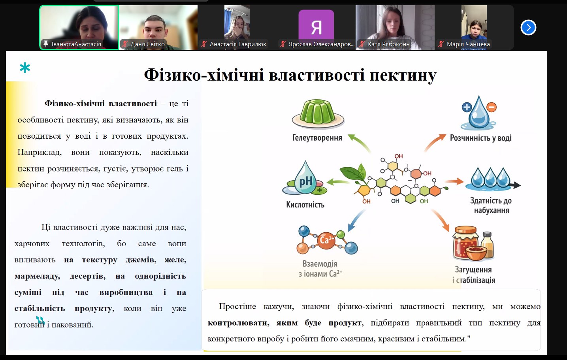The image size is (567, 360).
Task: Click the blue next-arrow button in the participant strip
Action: click(528, 28)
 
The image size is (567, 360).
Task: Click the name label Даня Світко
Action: click(147, 44)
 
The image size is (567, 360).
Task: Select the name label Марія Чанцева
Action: click(468, 44)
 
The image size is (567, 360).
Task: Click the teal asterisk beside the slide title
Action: click(25, 68)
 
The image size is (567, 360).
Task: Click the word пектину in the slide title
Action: click(403, 75)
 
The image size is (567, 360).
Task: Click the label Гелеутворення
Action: click(317, 138)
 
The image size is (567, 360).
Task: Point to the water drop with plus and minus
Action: click(478, 113)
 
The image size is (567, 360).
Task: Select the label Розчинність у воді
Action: click(480, 138)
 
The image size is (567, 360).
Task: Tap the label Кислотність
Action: click(305, 205)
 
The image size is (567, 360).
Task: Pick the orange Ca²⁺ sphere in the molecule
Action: click(326, 240)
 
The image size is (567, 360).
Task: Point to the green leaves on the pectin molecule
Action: click(354, 173)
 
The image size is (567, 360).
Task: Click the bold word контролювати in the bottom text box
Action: click(238, 323)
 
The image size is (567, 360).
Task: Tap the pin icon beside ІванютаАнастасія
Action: click(46, 44)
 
